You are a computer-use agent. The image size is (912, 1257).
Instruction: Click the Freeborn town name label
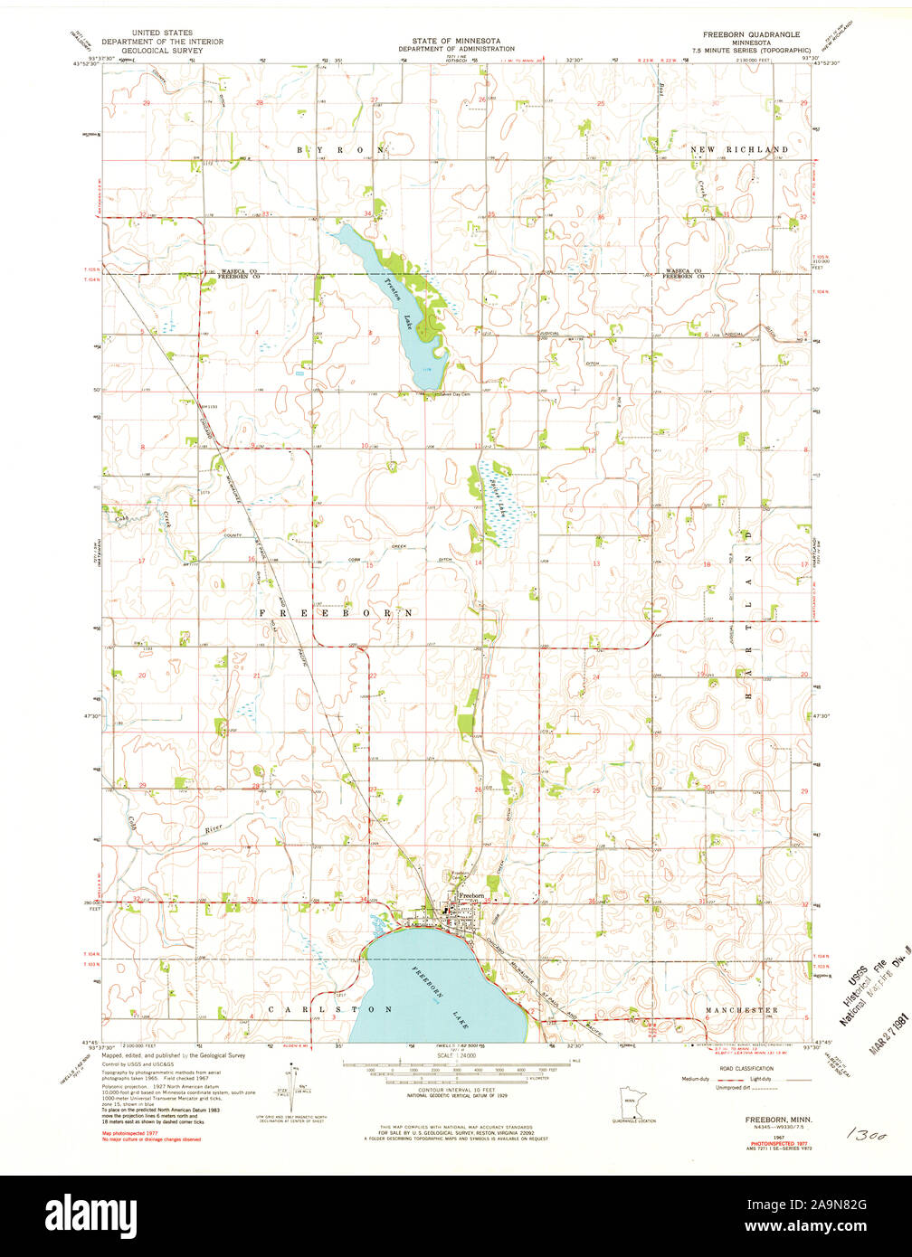472,895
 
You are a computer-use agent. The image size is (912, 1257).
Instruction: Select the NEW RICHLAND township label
739,148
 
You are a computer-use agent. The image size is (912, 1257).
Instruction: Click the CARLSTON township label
330,1008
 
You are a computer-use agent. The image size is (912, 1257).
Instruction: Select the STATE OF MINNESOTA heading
450,41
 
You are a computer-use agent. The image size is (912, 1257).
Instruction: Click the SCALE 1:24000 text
456,1055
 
